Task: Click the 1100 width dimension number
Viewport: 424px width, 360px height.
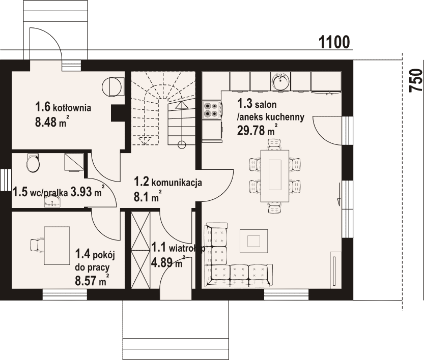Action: (334, 42)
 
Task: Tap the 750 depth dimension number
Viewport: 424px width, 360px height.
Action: (416, 80)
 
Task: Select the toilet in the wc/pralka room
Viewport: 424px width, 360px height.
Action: (33, 162)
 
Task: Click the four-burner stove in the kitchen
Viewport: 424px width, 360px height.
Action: (211, 110)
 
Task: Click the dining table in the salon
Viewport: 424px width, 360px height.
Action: (275, 176)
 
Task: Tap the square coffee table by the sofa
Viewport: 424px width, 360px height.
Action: (253, 241)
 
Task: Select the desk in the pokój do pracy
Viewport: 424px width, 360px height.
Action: (57, 246)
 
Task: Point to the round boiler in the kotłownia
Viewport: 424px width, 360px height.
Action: (110, 87)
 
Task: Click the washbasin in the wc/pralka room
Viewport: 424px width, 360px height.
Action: (52, 201)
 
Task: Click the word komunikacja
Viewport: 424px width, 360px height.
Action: (177, 183)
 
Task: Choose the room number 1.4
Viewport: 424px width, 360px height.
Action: (83, 254)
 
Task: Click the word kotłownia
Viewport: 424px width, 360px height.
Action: (72, 108)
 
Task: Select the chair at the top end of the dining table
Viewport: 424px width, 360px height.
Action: (274, 144)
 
